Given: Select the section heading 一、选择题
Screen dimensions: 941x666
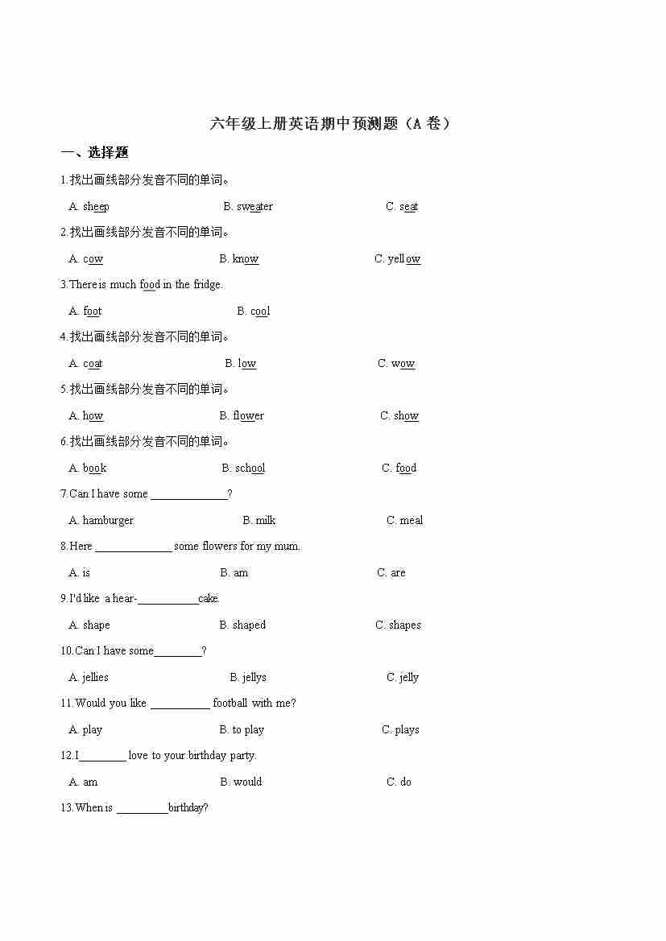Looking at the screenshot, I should [95, 153].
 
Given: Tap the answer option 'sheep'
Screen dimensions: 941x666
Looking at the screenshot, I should [96, 207].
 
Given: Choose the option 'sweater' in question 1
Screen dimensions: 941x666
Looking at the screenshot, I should [254, 207].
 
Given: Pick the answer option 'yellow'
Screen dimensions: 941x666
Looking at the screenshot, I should [404, 259].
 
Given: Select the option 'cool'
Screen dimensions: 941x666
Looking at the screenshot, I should [260, 312].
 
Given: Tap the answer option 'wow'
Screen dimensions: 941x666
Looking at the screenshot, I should [403, 364].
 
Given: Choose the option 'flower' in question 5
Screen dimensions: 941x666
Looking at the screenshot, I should [248, 416].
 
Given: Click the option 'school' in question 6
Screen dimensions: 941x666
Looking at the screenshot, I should [250, 468].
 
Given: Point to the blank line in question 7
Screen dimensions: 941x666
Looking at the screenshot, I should [188, 495].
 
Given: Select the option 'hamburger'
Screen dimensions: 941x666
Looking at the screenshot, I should [108, 521].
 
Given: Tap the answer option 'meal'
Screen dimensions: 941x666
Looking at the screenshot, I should [411, 521].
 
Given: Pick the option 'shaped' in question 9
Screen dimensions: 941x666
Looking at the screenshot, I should [249, 625].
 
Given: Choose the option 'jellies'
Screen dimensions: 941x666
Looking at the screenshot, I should [95, 678].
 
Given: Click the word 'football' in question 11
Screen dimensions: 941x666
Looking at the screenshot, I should [230, 704].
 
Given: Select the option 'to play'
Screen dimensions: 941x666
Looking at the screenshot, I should [248, 730].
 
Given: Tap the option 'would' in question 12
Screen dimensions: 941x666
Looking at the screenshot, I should [247, 782].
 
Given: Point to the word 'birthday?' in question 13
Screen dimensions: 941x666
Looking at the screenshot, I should [188, 808].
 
